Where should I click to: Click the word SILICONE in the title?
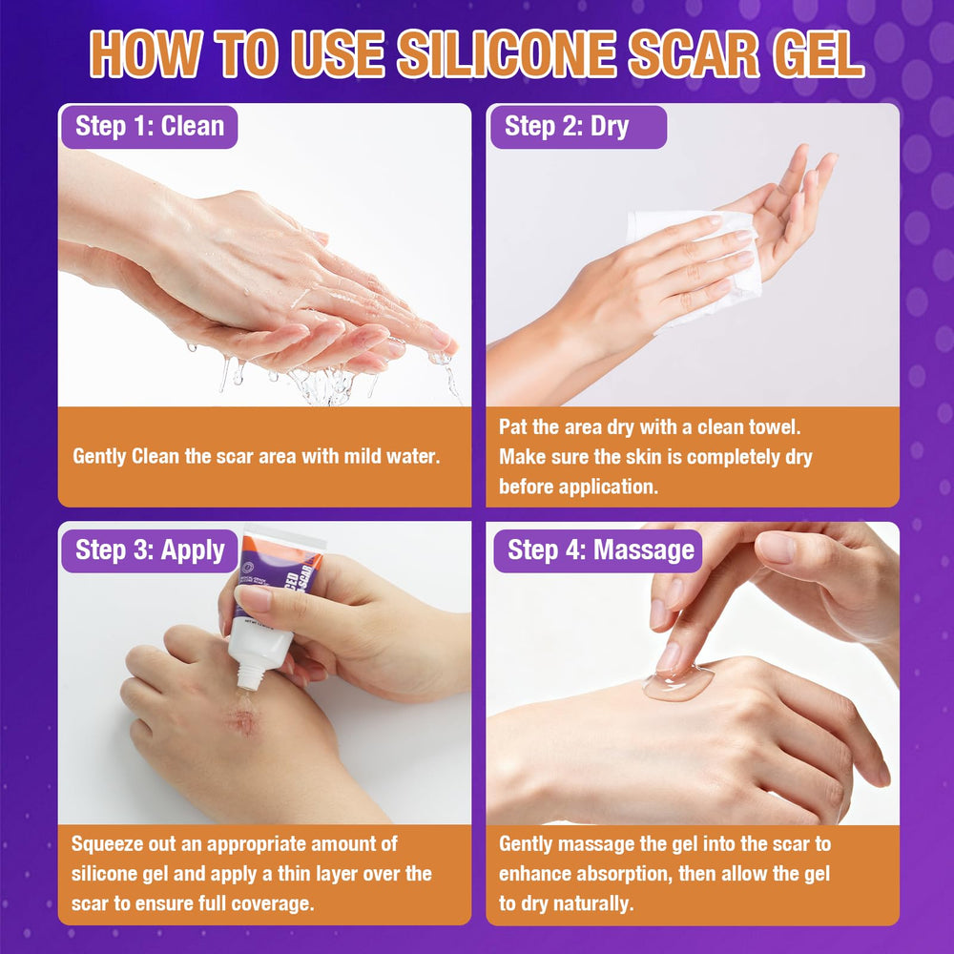(508, 53)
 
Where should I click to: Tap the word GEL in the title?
(819, 53)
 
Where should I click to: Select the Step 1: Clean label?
(149, 127)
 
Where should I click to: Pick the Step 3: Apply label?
(149, 550)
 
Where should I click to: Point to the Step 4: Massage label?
(597, 550)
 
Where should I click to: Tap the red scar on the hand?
(243, 719)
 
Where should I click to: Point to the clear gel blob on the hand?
(677, 684)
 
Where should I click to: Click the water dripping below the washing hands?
(322, 383)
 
